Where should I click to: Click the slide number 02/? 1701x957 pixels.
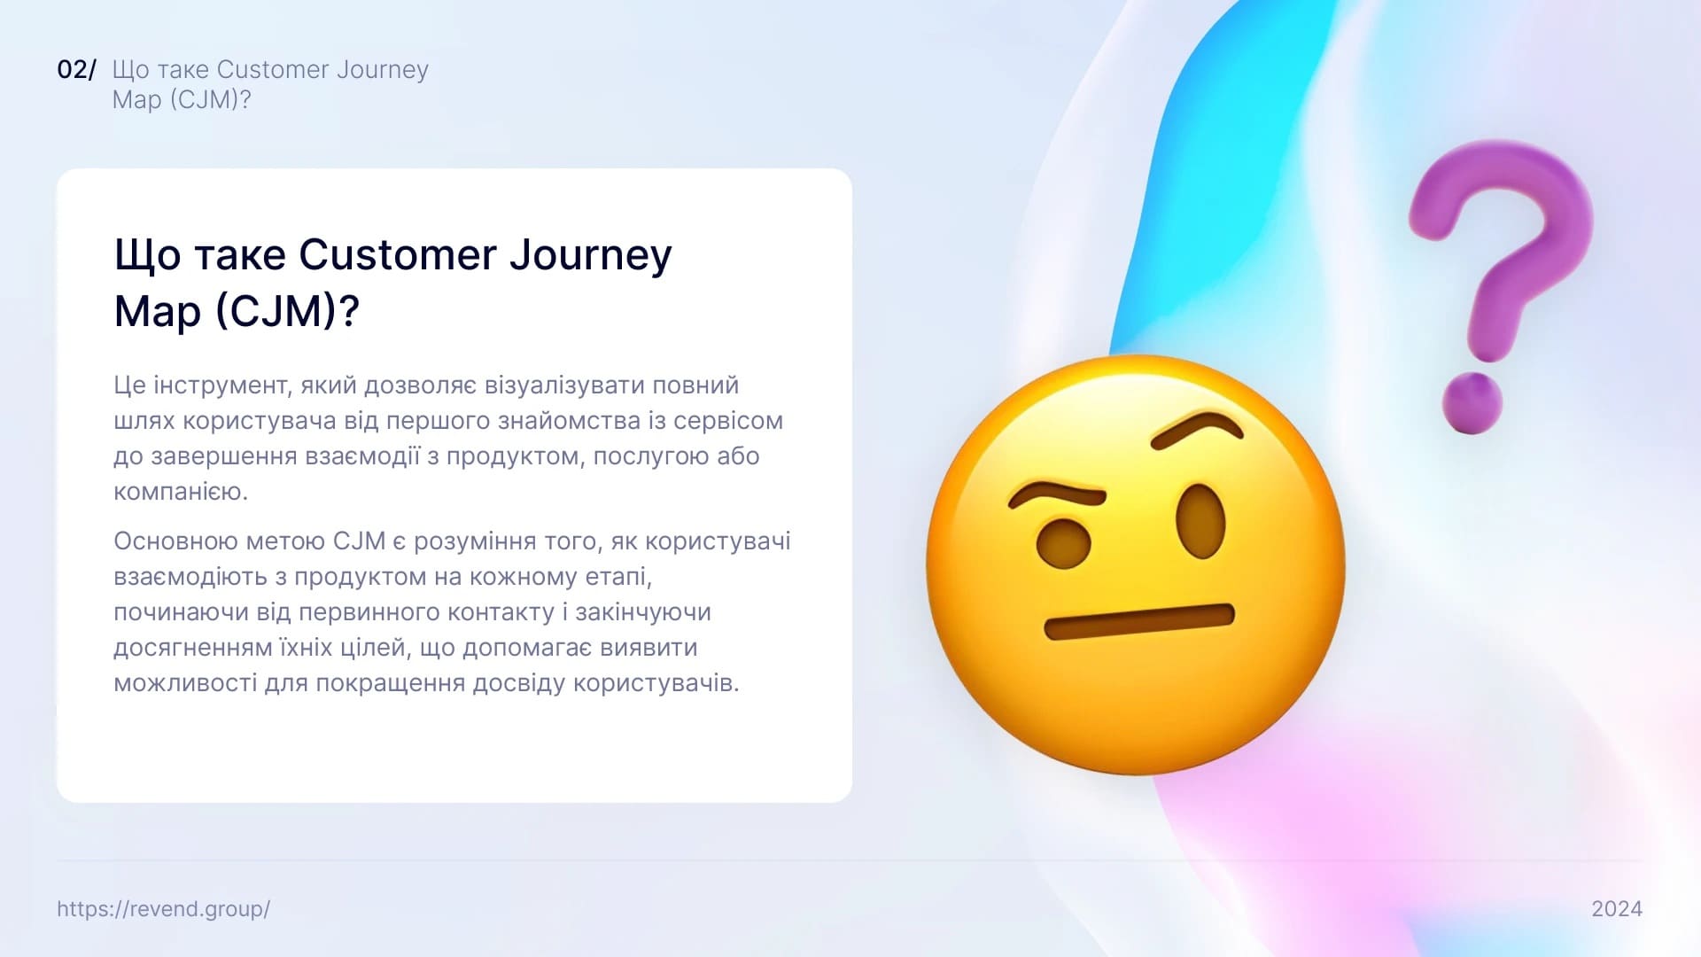coord(76,70)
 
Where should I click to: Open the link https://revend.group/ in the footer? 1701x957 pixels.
coord(163,909)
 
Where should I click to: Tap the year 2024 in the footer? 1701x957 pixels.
coord(1617,909)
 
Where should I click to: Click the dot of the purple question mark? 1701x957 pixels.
coord(1472,404)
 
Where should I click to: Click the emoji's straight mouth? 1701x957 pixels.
coord(1139,621)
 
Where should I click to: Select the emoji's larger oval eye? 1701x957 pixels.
coord(1200,522)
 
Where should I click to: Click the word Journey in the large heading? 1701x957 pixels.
coord(590,255)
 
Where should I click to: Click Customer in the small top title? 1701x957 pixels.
coord(270,69)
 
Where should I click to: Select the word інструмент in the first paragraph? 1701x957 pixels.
coord(221,385)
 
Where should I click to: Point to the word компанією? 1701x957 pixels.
coord(181,492)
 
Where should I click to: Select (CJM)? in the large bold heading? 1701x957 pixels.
coord(287,312)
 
